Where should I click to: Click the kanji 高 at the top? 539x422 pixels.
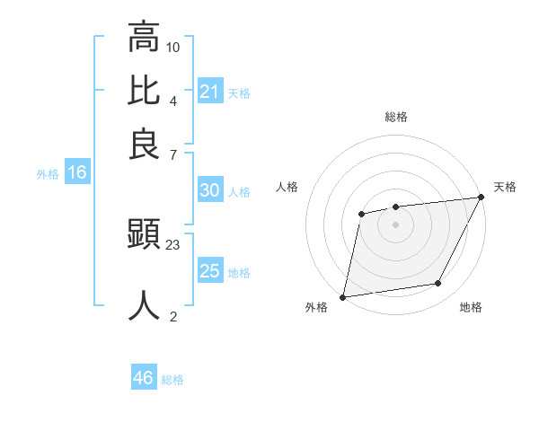coord(144,38)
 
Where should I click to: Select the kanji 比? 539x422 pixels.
coord(144,92)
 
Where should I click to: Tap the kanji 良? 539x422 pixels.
coord(144,145)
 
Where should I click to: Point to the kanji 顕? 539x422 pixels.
coord(144,236)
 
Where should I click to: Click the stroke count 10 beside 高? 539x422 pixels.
coord(173,47)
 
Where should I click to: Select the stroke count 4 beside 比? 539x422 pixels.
coord(172,101)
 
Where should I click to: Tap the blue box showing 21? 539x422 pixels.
coord(210,92)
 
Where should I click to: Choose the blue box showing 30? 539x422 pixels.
coord(210,190)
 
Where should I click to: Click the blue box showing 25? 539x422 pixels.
coord(210,271)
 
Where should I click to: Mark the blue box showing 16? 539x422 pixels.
coord(77,172)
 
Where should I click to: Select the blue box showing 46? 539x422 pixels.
coord(144,378)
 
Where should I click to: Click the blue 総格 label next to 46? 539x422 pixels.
coord(172,380)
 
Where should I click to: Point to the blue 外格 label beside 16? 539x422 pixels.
coord(48,174)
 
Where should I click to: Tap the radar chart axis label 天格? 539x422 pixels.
coord(505,187)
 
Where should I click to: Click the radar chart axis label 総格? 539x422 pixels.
coord(395,117)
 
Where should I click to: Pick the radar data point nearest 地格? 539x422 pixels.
coord(438,284)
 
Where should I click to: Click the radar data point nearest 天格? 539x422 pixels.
coord(482,197)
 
